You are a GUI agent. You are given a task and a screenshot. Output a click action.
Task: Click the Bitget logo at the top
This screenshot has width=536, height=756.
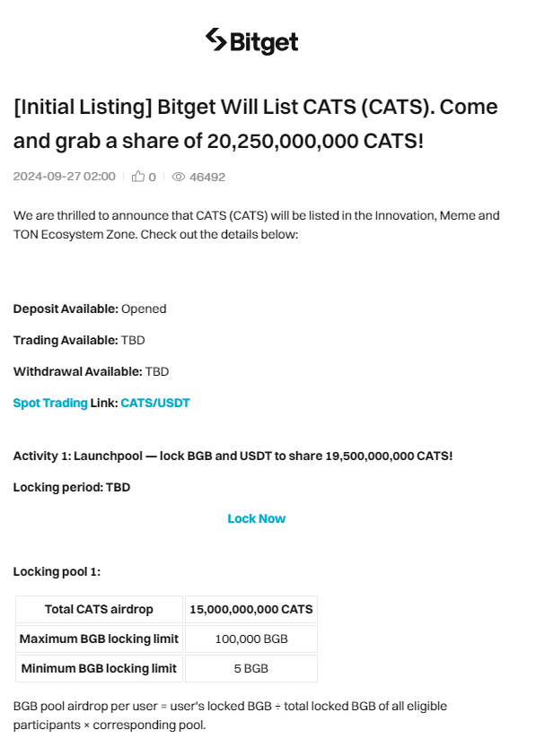251,41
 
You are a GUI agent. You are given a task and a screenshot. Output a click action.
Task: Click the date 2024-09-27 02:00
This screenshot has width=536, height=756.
64,177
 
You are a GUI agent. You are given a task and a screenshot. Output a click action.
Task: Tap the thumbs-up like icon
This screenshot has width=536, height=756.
138,177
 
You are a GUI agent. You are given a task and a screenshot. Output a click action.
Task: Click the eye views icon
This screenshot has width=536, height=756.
178,177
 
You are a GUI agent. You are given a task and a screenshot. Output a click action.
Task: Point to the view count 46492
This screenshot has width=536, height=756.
207,177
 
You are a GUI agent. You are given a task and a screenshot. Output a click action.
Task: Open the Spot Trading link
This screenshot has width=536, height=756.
50,403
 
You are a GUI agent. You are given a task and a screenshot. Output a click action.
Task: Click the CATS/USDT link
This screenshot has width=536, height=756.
155,403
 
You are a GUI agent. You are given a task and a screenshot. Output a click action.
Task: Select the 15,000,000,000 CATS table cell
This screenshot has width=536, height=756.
250,609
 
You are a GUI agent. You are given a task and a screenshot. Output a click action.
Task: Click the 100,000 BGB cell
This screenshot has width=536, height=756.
250,639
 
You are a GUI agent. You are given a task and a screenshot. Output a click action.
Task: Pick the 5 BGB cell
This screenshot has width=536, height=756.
250,668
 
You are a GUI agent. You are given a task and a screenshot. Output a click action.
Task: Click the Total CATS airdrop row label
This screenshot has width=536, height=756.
99,609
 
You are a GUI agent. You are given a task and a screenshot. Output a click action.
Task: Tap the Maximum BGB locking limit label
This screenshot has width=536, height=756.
99,639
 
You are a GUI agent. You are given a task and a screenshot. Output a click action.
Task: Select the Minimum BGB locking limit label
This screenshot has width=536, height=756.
99,668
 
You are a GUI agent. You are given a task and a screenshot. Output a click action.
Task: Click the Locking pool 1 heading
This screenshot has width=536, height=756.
57,571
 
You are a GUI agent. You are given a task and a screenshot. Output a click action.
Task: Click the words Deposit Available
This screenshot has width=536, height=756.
66,308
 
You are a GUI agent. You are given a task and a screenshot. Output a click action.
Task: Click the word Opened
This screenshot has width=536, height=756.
144,308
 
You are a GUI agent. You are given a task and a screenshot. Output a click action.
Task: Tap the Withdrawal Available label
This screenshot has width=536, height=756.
77,371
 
